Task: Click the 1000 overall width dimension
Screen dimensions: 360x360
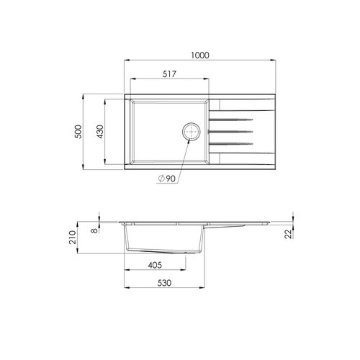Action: click(200, 55)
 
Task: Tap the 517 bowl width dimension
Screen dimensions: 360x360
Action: click(169, 74)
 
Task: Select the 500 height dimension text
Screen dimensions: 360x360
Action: click(78, 132)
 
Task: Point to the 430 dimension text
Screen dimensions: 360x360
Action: click(100, 132)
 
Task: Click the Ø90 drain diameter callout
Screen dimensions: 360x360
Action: click(167, 179)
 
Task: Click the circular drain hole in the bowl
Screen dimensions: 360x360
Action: click(191, 132)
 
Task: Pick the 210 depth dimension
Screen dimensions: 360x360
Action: click(73, 238)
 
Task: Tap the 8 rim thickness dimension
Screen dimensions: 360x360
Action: click(95, 230)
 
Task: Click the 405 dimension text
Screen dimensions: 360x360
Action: click(155, 265)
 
